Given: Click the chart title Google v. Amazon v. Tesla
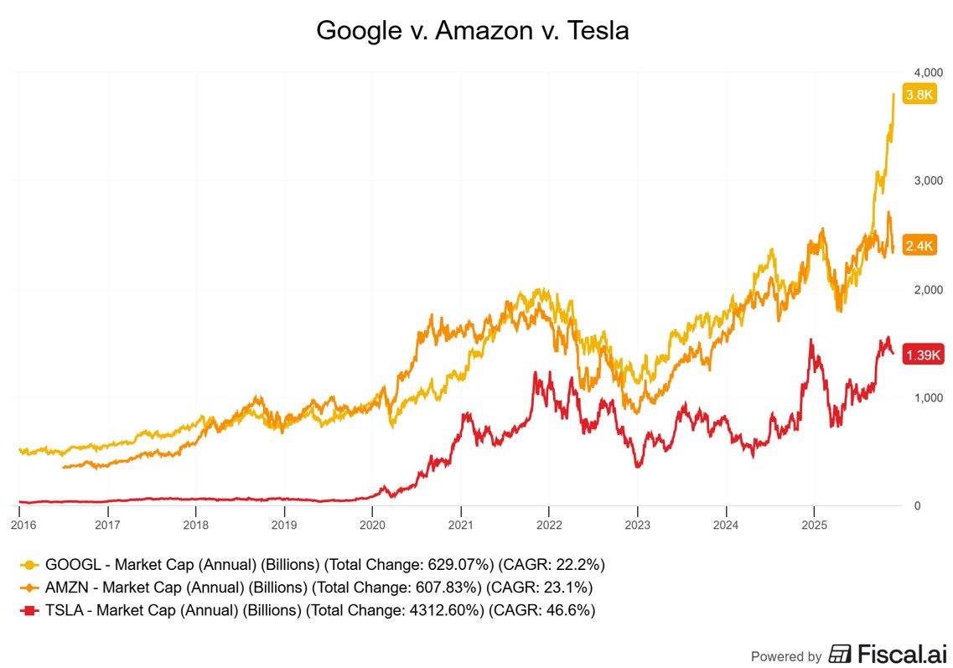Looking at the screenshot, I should click(x=472, y=31).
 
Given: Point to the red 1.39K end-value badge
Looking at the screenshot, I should click(x=924, y=356).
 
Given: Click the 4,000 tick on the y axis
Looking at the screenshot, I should click(x=926, y=72).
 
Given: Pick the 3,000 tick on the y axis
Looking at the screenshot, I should click(x=926, y=181).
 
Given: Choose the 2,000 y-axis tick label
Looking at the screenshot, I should click(x=926, y=289).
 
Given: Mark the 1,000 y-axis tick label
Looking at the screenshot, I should click(x=926, y=397).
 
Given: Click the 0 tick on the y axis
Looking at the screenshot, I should click(x=917, y=505).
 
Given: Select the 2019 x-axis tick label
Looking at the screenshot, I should click(x=284, y=525).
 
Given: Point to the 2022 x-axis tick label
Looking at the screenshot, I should click(x=549, y=525).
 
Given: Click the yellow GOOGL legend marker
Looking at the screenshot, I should click(x=32, y=564).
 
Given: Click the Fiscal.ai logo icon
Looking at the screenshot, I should click(x=841, y=654).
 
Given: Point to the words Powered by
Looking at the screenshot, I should click(x=785, y=656).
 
